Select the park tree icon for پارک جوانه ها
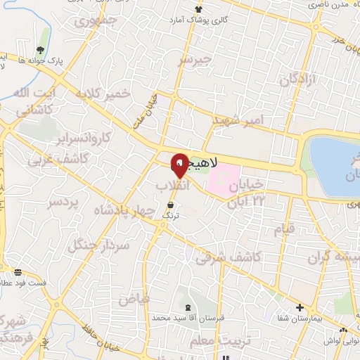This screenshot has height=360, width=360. pos(40,49)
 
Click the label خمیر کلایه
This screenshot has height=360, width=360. pos(105,94)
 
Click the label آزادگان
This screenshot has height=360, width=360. pos(299,80)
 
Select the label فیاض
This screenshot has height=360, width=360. pos(134,300)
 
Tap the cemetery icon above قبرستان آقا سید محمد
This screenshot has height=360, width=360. pos(188,307)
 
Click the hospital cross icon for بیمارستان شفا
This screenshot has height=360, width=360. pos(300,308)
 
